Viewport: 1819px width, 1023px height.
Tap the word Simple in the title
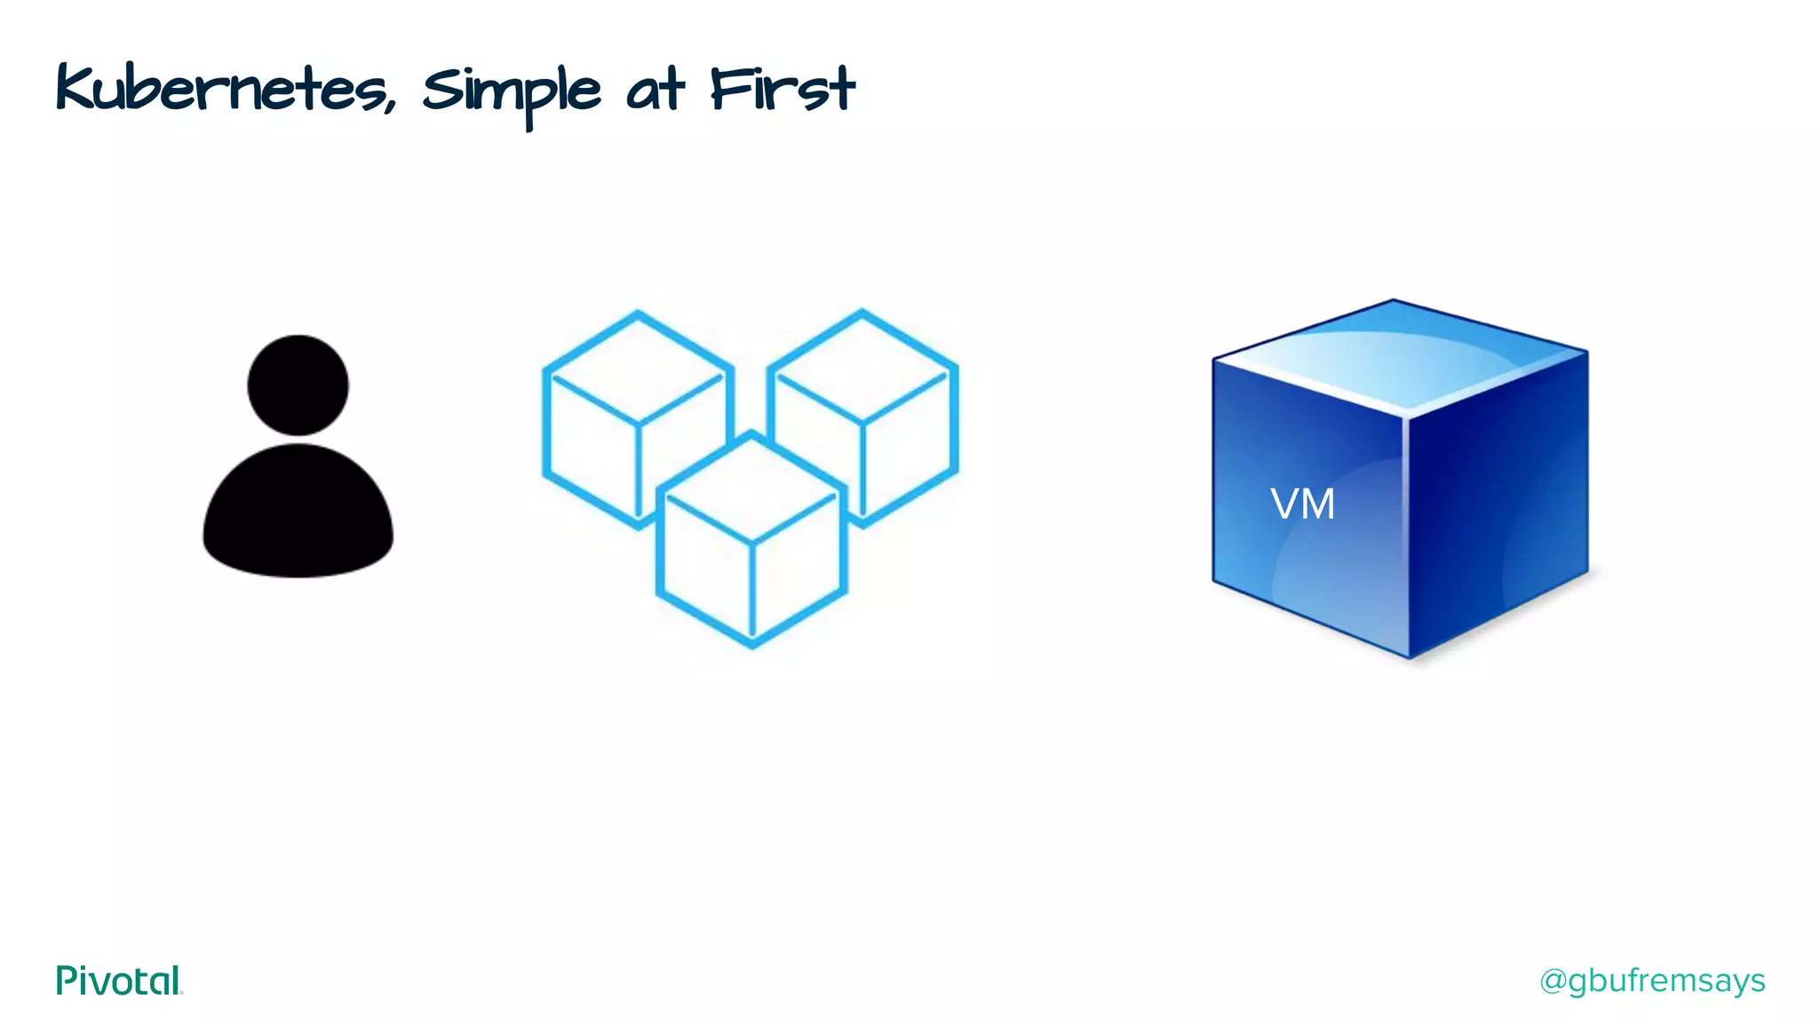(511, 91)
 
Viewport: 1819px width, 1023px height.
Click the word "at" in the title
(655, 91)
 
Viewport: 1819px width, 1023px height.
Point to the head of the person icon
(298, 385)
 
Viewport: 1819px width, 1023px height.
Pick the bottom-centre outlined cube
(751, 542)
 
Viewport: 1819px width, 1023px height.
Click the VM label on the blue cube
(1302, 504)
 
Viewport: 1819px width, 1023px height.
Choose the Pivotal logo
(119, 980)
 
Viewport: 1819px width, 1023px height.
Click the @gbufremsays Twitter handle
(1652, 980)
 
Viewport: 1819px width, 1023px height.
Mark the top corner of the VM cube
(1393, 301)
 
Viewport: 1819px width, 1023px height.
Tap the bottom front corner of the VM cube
(1409, 657)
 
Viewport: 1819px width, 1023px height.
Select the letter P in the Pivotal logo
(66, 980)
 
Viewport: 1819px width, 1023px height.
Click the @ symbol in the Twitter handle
(1553, 981)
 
